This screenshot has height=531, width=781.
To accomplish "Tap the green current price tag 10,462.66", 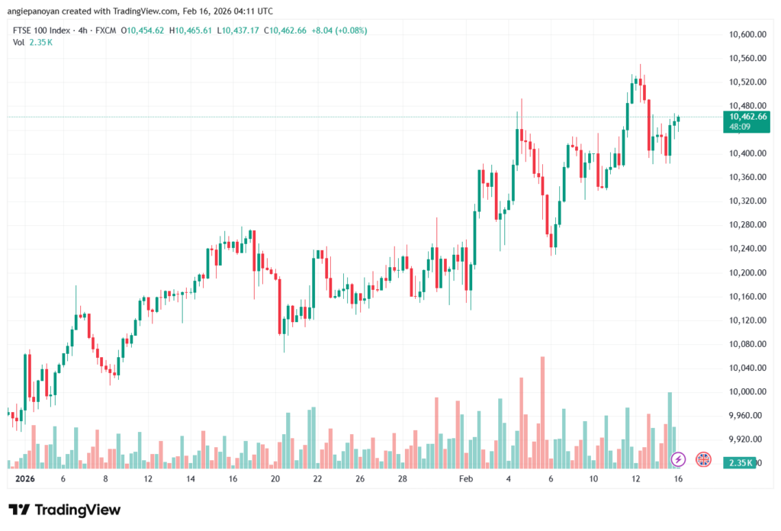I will click(x=748, y=117).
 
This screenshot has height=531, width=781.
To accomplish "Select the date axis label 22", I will click(x=317, y=479).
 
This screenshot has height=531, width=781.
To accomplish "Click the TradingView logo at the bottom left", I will click(x=65, y=510).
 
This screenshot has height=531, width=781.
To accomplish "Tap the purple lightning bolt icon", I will click(x=678, y=459).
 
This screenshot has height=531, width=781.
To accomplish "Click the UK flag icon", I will click(x=703, y=459).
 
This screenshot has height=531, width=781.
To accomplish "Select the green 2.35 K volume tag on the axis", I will click(x=741, y=463).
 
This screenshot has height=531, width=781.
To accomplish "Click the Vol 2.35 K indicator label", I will click(x=32, y=42).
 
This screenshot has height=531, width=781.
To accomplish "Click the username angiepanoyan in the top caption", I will click(x=34, y=10).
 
